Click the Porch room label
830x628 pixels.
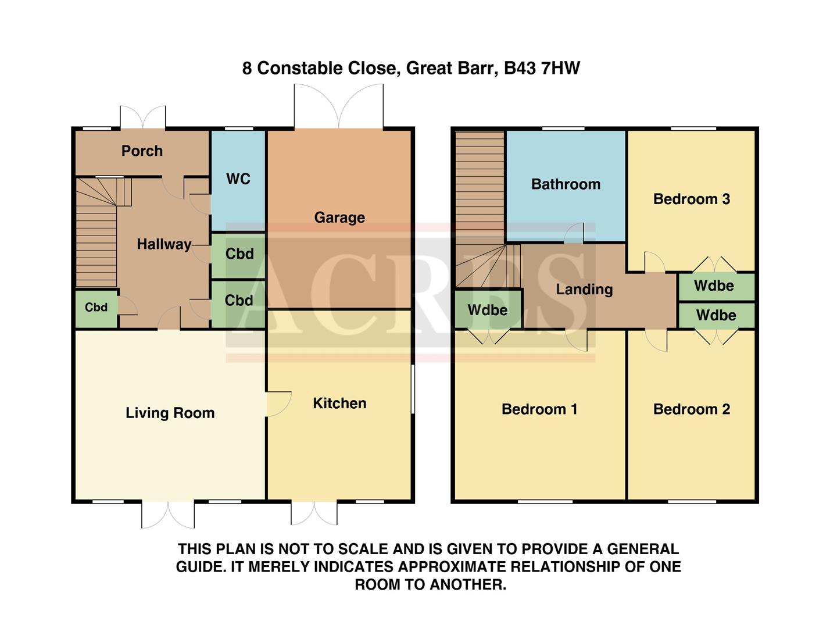[x=142, y=151]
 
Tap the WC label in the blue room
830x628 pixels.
[x=238, y=179]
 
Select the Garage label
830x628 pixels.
[x=339, y=217]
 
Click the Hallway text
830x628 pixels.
[x=164, y=244]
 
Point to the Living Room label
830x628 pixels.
[x=170, y=413]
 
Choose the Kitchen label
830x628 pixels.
[x=339, y=404]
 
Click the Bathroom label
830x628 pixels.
[x=566, y=184]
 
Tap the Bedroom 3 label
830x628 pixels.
[x=691, y=199]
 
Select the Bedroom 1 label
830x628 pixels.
[x=539, y=409]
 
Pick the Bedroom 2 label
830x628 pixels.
[x=691, y=409]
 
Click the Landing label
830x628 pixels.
[x=584, y=290]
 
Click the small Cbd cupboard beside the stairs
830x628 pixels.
[x=96, y=308]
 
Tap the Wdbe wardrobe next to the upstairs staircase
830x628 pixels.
[x=488, y=310]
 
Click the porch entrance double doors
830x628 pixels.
[x=143, y=117]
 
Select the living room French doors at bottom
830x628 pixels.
[x=168, y=515]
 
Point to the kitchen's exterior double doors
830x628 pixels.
[x=314, y=513]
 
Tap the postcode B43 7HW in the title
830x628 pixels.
[x=542, y=68]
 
